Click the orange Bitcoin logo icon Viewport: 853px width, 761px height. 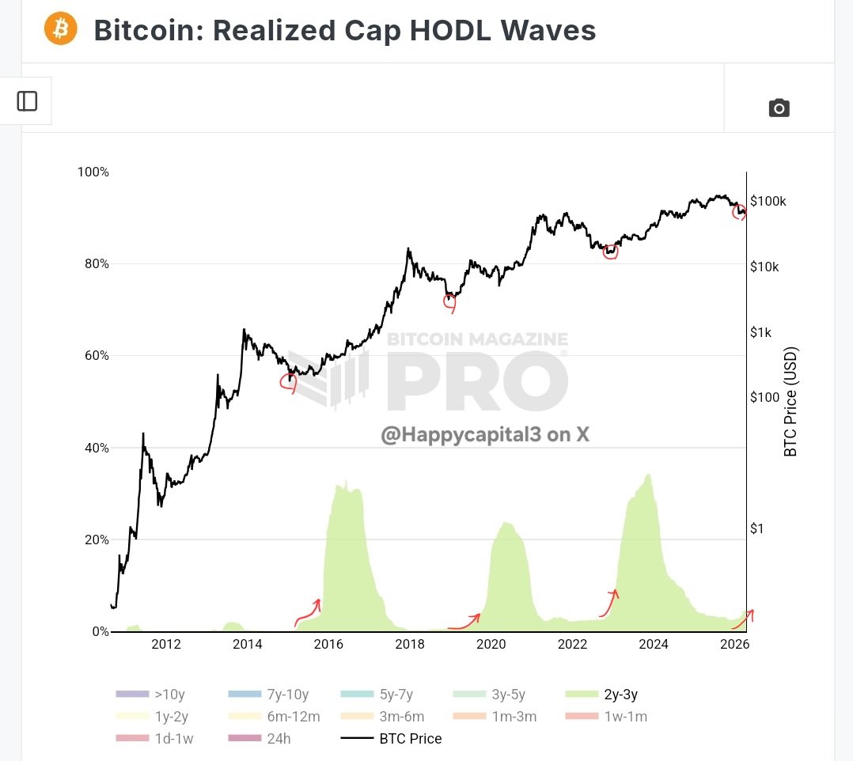click(x=61, y=29)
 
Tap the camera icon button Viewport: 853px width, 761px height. click(x=779, y=108)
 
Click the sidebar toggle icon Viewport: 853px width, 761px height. click(x=27, y=101)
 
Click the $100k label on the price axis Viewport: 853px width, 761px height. click(x=768, y=202)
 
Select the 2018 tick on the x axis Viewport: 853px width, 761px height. click(x=410, y=644)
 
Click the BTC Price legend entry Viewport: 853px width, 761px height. click(x=392, y=739)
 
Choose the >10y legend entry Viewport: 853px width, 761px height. click(x=151, y=695)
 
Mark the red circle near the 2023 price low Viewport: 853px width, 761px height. click(x=610, y=252)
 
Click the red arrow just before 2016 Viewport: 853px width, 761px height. click(x=308, y=611)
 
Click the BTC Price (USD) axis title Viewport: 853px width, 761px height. click(x=790, y=402)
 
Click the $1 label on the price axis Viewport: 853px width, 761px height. click(x=757, y=528)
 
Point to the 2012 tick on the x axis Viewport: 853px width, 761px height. click(x=166, y=644)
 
